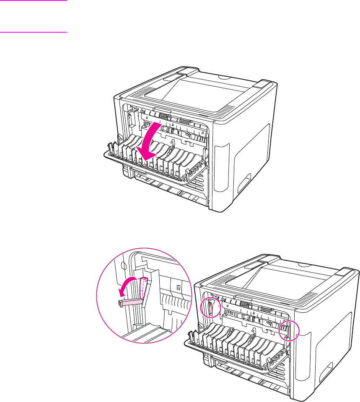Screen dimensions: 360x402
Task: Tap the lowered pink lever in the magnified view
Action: (x=131, y=302)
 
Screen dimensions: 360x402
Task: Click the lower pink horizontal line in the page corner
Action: (x=34, y=31)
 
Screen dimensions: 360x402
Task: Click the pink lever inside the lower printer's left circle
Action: (x=210, y=308)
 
